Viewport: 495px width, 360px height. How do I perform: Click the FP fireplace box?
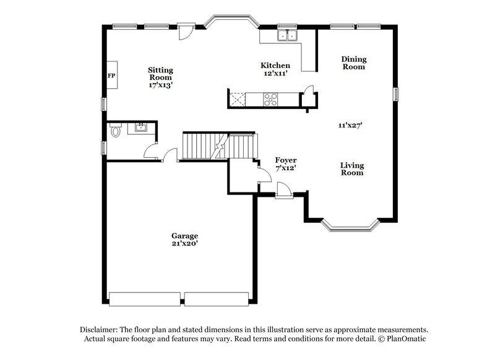(111, 76)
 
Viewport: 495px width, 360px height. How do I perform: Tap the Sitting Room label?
(160, 74)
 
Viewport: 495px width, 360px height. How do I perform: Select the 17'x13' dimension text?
(160, 85)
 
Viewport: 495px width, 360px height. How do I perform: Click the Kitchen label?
(275, 65)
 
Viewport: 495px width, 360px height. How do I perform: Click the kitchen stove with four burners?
(271, 97)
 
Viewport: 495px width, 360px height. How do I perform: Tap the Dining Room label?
(354, 62)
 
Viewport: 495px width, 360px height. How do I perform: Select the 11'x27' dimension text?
(350, 125)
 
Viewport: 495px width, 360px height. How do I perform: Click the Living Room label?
(352, 169)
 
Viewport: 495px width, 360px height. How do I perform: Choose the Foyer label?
(286, 160)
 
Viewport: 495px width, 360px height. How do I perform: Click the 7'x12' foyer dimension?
(286, 168)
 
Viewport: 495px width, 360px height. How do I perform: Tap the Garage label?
(184, 236)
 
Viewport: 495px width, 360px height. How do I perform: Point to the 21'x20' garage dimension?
(184, 244)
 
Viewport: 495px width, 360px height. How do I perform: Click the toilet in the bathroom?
(115, 131)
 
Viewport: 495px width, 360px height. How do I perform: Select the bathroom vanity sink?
(140, 128)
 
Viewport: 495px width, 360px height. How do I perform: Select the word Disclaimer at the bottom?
(101, 330)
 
